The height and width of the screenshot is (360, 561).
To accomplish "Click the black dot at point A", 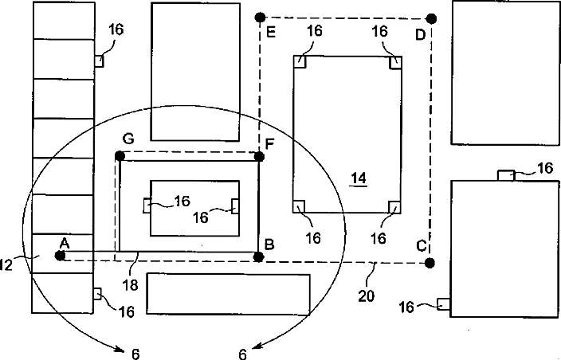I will coord(60,255).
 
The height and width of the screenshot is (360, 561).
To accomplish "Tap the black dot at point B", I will coord(258,256).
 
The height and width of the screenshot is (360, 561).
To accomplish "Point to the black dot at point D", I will coord(431,18).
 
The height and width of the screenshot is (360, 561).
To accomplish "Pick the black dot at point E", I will coord(259,18).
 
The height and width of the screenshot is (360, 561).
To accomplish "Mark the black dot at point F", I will coord(258,155).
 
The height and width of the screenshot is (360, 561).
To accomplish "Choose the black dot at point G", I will coord(120,155).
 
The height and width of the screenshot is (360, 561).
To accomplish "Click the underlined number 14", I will coord(359,179).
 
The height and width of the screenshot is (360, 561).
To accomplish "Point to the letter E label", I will coord(272,34).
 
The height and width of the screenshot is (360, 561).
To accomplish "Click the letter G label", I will coord(127,139).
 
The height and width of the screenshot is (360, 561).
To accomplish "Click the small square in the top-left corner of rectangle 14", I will coord(300,61).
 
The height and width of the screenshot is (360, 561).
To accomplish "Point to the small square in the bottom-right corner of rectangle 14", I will coord(393,207).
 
